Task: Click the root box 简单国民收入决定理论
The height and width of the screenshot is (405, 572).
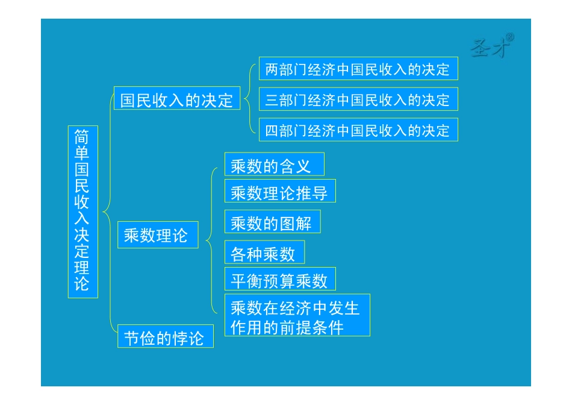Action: (82, 212)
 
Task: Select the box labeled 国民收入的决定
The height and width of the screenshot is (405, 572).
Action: (176, 99)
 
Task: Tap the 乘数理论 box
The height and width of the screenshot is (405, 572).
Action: (156, 235)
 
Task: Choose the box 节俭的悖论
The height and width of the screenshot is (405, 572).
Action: (164, 337)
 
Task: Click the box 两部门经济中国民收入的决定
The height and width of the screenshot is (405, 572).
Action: (358, 69)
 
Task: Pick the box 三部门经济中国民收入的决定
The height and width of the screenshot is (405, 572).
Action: (358, 99)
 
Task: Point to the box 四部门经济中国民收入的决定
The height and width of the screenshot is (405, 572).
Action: (358, 130)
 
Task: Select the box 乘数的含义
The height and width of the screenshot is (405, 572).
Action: (274, 165)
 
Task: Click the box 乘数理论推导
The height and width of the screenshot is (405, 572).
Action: (279, 192)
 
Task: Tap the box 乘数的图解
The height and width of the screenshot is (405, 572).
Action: (272, 223)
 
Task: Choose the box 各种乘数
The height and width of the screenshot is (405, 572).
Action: (264, 253)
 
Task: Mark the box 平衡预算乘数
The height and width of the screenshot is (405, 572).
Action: (279, 280)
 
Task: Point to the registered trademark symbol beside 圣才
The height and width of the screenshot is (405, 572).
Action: (510, 37)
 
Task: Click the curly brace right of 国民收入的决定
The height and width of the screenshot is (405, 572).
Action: (249, 99)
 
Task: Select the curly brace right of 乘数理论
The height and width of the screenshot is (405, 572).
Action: (211, 240)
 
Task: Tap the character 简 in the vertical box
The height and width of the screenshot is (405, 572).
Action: (82, 136)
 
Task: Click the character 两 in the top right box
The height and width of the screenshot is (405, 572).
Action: (272, 69)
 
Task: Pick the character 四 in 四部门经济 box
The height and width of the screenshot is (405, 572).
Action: (272, 130)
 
